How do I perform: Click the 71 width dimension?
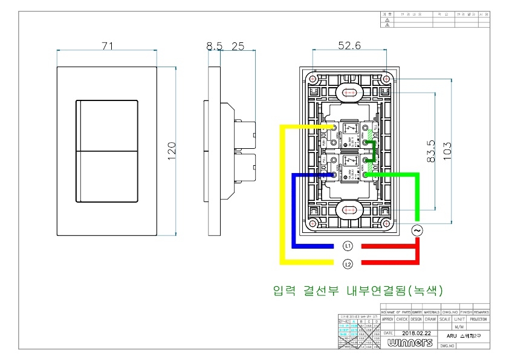pos(108,46)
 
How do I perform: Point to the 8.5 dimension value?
pos(214,46)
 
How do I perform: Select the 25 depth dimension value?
pos(238,46)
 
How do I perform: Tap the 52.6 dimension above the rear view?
pos(349,46)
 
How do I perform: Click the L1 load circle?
pos(348,246)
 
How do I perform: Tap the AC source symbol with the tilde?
pos(417,231)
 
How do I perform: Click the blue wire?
pos(294,212)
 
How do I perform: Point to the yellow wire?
pos(282,194)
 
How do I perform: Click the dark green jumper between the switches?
pos(374,151)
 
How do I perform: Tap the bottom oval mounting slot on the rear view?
pos(349,211)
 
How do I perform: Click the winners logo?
pos(411,343)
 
